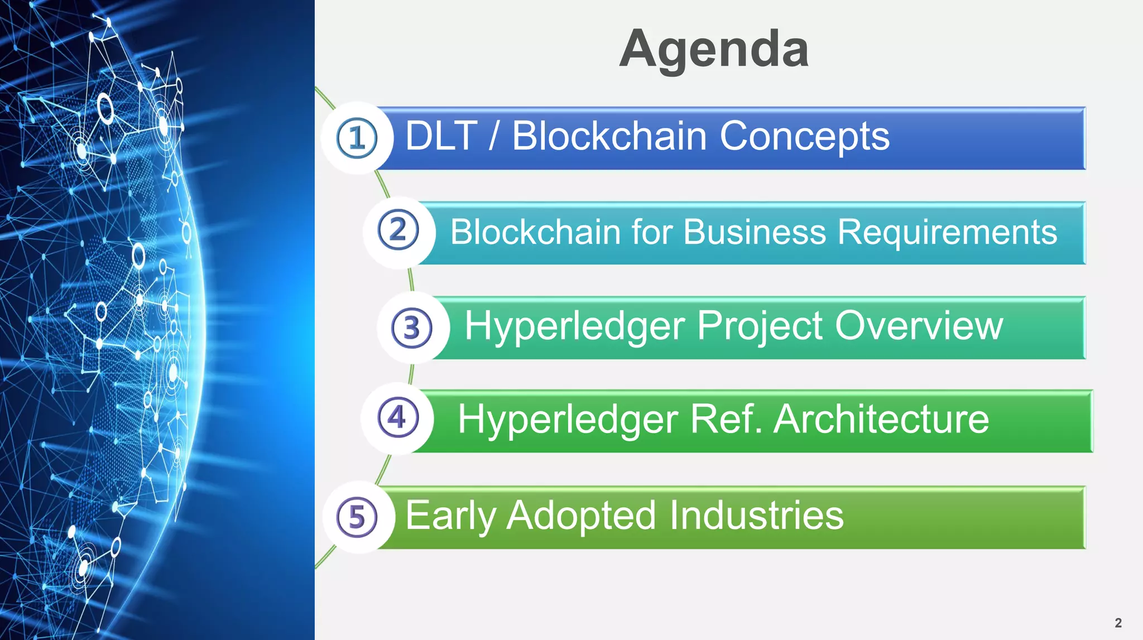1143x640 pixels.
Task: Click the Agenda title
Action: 714,49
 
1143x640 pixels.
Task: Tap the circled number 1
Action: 357,138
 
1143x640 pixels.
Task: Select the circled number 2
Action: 398,230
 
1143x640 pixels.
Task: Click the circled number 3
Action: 412,328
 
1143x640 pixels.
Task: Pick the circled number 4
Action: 397,417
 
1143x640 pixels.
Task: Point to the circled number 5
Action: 357,517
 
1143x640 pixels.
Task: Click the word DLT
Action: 441,136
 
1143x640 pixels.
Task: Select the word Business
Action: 754,232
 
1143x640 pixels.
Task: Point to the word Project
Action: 760,327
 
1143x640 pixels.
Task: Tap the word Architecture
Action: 881,419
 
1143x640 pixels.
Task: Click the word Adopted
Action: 581,516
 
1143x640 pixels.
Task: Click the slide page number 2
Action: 1118,623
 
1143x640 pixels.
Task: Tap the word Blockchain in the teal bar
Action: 535,232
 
